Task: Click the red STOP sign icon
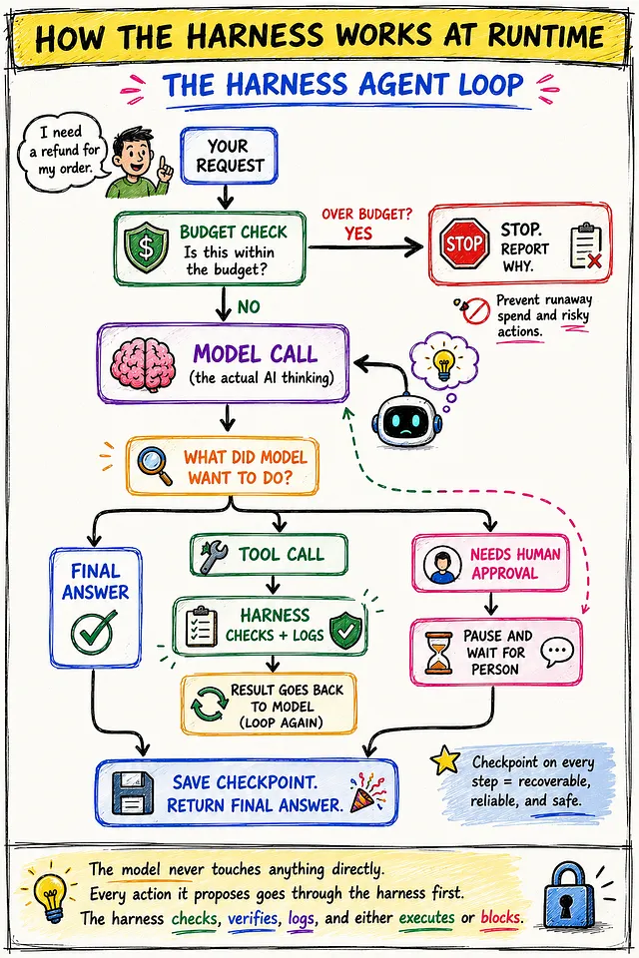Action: pos(464,244)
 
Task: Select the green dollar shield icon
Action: pos(146,245)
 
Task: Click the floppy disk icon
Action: pos(133,793)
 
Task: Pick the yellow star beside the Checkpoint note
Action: pos(445,759)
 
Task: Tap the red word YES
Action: pos(358,234)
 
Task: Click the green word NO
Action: pos(249,306)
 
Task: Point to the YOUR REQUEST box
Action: pos(229,156)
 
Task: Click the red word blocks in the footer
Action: pos(501,918)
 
